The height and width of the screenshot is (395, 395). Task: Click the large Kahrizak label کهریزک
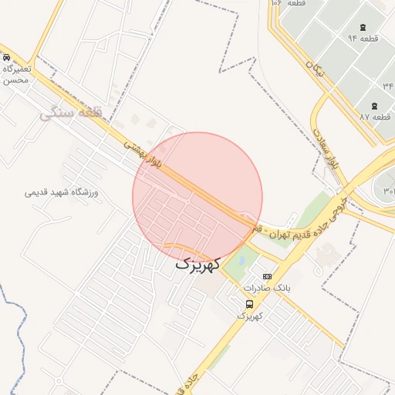[x=197, y=263]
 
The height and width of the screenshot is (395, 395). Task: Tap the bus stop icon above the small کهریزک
[x=248, y=304]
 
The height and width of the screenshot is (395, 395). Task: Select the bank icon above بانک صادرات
[x=268, y=276]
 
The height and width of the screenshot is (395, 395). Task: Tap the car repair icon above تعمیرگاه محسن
[x=5, y=58]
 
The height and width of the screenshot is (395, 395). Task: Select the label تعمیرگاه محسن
[x=15, y=74]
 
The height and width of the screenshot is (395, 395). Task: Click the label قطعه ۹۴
[x=362, y=38]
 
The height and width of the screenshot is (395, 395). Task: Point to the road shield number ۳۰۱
[x=388, y=191]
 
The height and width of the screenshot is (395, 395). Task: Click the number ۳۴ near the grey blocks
[x=387, y=85]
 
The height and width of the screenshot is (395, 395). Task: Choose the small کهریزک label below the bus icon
[x=248, y=316]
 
